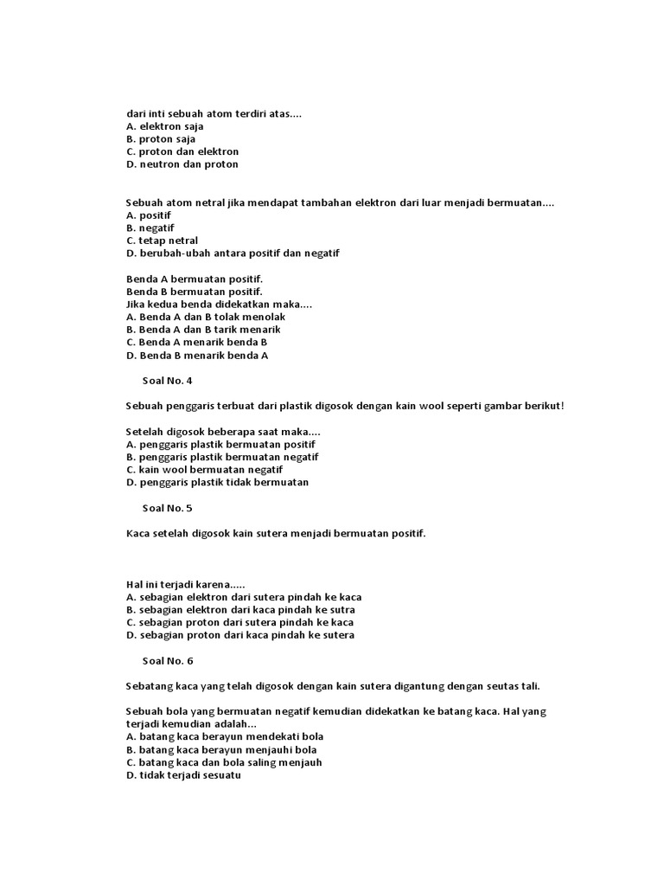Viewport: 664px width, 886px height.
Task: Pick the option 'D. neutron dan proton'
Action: click(x=182, y=164)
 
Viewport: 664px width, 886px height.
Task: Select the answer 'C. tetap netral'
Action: click(x=162, y=241)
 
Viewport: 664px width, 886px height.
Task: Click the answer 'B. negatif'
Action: click(x=150, y=228)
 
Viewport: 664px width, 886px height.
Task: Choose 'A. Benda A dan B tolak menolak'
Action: click(x=205, y=317)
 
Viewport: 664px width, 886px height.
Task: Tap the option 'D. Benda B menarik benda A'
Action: click(x=197, y=355)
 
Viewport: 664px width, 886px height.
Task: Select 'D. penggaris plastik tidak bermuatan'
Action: click(x=217, y=482)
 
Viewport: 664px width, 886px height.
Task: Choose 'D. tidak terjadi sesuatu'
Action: click(x=183, y=775)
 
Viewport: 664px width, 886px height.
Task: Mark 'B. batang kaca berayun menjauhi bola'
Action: click(x=221, y=749)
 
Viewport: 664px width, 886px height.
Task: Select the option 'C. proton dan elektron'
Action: click(x=182, y=151)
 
